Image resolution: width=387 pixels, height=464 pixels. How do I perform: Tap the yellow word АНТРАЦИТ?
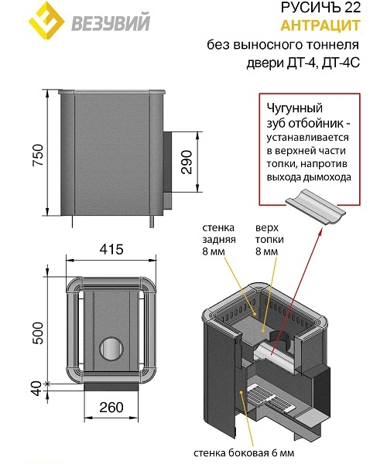320,26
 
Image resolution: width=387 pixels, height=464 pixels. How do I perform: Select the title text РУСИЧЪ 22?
320,8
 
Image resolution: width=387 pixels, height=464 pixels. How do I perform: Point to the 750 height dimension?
39,155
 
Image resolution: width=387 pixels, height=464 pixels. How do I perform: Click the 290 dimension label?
187,162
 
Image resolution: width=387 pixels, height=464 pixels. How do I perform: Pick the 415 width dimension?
111,249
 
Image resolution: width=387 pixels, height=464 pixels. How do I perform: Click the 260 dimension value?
111,408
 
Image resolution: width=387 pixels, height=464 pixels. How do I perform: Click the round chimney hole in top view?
111,348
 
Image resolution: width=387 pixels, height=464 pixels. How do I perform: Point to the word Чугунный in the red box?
295,108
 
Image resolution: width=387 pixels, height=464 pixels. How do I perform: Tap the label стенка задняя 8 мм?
219,240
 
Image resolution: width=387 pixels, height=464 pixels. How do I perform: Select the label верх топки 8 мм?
269,240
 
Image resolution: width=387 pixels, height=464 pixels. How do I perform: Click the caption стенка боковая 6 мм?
244,452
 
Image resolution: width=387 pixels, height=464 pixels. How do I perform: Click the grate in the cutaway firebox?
269,397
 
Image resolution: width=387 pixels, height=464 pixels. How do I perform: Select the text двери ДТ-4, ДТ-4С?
303,63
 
